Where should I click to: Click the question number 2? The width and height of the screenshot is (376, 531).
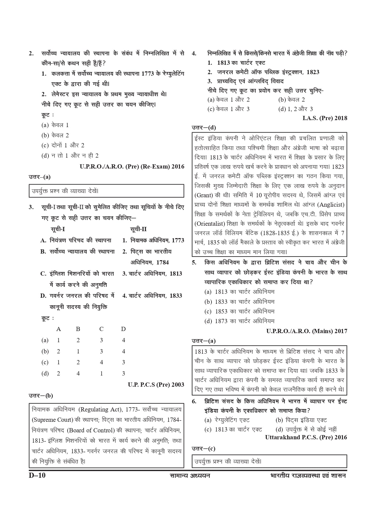[31, 54]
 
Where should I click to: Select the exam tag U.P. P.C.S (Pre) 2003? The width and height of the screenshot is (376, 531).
[156, 385]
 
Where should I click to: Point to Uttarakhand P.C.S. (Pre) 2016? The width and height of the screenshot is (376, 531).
[306, 437]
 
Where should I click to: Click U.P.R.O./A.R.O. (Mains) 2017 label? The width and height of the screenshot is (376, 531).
[307, 331]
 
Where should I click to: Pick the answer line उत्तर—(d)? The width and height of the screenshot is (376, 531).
[204, 128]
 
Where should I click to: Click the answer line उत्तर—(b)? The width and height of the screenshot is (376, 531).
[41, 395]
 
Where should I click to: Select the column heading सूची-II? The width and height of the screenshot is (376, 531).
[138, 229]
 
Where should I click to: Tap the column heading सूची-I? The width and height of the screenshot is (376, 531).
[58, 229]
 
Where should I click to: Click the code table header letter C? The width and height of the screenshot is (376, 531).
[101, 329]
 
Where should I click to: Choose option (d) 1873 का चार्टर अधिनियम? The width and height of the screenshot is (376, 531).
[239, 321]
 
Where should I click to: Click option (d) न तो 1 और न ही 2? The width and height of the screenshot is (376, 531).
[70, 156]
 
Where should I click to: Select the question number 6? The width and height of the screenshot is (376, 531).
[194, 402]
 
